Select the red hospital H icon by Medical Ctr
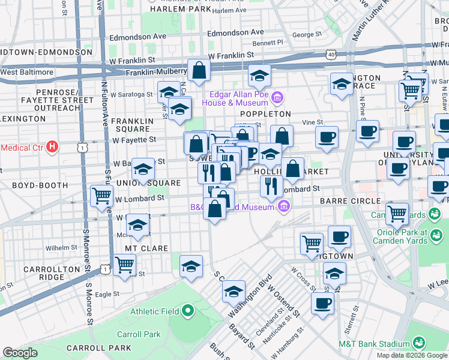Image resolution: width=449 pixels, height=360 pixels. pos(53,146)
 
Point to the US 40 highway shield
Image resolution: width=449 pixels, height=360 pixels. pos(331,55)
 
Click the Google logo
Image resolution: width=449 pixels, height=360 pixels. pos(20,353)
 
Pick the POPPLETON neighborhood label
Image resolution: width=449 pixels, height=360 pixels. pos(265,114)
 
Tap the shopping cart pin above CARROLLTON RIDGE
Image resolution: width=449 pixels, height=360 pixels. pos(124,265)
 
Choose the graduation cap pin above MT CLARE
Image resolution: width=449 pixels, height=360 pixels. pos(138,226)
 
